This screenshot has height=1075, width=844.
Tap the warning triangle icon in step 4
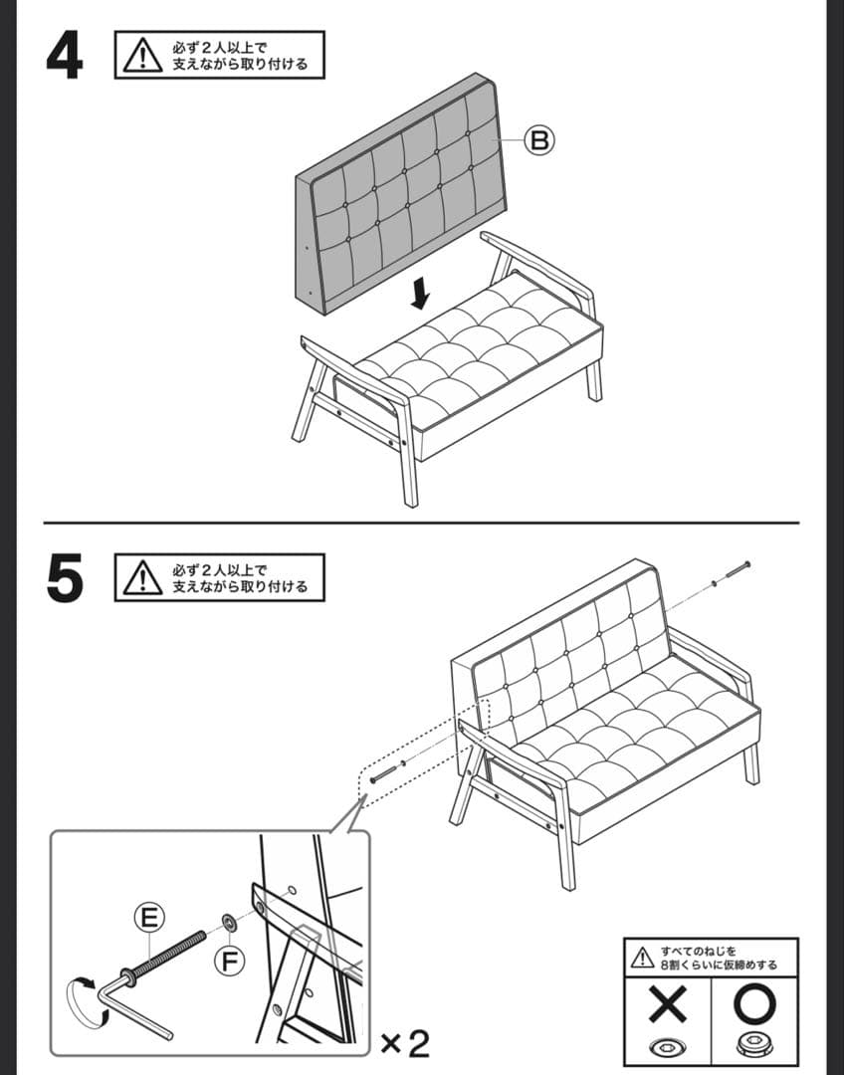point(142,56)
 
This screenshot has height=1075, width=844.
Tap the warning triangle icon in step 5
point(142,578)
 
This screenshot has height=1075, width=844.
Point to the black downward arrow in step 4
point(422,293)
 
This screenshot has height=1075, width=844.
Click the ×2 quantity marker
point(405,1043)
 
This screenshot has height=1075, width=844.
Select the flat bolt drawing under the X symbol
point(668,1048)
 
